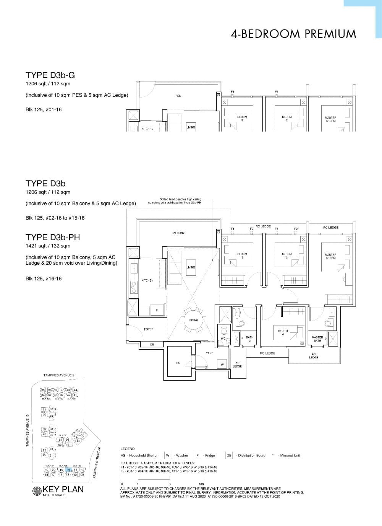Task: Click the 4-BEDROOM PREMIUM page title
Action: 293,34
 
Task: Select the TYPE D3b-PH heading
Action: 53,237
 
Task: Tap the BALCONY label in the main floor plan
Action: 178,233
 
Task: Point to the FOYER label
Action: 149,329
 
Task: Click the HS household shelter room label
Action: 178,363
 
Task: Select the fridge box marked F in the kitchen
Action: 157,310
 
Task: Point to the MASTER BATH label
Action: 317,339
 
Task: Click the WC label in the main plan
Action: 223,339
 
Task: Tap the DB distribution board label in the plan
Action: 152,345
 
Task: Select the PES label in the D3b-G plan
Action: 178,96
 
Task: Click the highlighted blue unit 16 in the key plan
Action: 68,469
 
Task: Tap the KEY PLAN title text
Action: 63,490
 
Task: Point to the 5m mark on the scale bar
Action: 201,484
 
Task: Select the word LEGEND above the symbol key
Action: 128,449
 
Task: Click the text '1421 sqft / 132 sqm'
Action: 48,246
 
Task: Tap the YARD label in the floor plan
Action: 210,353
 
